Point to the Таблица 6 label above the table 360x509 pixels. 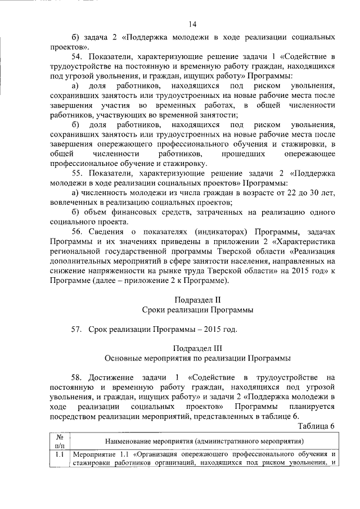click(x=316, y=425)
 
